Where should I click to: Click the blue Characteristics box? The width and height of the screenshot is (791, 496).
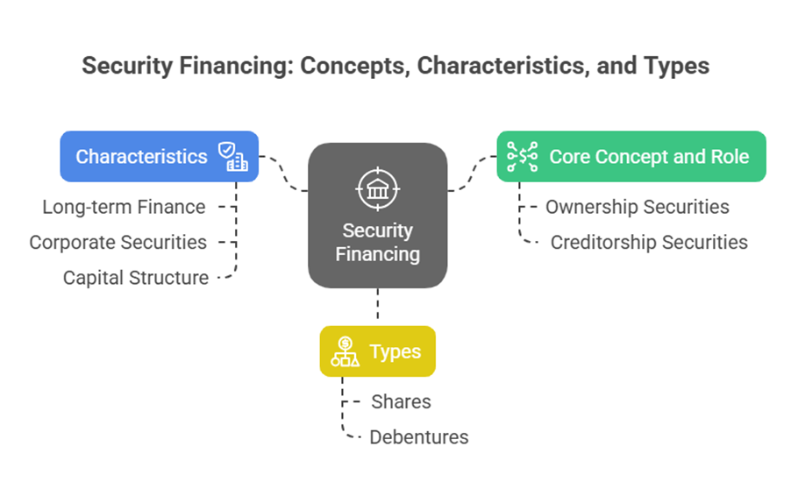[159, 157]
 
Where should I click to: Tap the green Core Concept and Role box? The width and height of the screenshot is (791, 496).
[631, 157]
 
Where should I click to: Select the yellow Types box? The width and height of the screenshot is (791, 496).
[377, 351]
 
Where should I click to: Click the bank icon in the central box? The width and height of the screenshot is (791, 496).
[378, 187]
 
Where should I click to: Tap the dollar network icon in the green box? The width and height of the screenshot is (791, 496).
[523, 157]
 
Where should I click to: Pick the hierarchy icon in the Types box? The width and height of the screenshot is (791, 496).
[345, 351]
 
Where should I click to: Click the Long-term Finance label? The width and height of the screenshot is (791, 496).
[124, 208]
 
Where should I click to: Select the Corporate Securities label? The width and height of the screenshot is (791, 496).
[118, 242]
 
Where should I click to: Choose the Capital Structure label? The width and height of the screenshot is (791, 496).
[136, 278]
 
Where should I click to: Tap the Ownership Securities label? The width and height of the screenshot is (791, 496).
[637, 207]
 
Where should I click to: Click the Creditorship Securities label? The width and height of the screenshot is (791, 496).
[649, 242]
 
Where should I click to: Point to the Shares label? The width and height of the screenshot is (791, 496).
[401, 401]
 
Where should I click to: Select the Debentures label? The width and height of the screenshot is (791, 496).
[418, 436]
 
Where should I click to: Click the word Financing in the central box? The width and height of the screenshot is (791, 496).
[378, 254]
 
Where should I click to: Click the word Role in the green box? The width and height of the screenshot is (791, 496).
[730, 157]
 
